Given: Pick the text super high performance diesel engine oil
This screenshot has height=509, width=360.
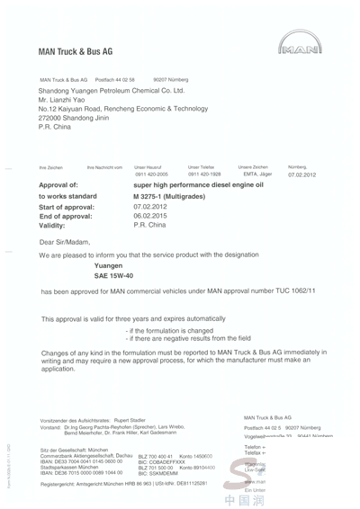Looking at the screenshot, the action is tap(199, 183).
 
